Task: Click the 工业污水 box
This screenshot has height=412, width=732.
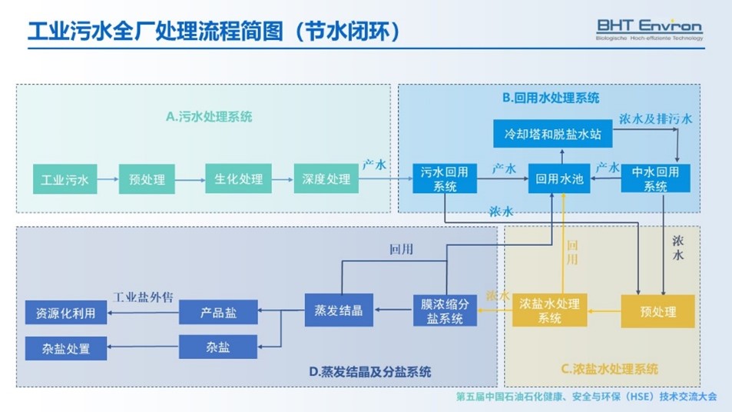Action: tap(65, 180)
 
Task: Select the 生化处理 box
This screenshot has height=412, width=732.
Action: tap(238, 179)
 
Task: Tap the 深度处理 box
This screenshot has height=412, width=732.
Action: tap(326, 179)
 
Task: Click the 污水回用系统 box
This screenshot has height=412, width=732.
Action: tap(445, 179)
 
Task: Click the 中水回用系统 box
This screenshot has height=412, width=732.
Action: tap(655, 179)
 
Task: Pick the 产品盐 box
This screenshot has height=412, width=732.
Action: tap(218, 312)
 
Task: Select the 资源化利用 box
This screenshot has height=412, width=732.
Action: tap(65, 313)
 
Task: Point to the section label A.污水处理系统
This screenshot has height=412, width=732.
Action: tap(209, 118)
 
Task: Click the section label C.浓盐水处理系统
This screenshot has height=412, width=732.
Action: tap(609, 369)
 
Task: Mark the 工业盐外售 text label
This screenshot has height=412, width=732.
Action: tap(147, 297)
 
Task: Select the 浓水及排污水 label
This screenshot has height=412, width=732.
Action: tap(655, 119)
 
